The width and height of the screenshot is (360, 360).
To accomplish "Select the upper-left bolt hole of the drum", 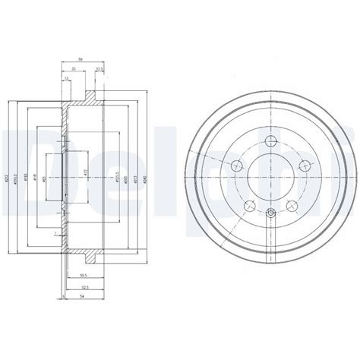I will (235, 166).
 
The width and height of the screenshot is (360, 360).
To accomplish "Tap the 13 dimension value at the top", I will (66, 78).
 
